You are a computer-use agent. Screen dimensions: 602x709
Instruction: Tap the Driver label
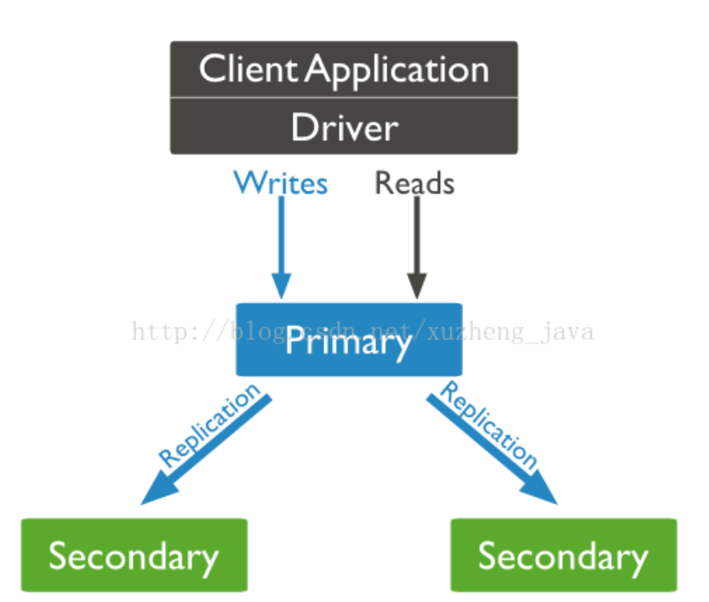[344, 128]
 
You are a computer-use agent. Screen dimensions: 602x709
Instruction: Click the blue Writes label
[281, 183]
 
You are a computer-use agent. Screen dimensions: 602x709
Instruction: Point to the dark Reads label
[415, 183]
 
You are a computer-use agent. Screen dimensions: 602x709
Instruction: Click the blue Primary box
[349, 339]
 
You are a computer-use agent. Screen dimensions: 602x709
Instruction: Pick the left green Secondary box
[134, 556]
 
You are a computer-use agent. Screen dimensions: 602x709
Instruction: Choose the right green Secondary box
[563, 556]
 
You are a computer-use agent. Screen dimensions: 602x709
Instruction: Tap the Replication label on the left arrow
[209, 425]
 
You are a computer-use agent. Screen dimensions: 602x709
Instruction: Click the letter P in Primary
[294, 341]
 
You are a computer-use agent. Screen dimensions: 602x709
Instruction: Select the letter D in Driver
[304, 128]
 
